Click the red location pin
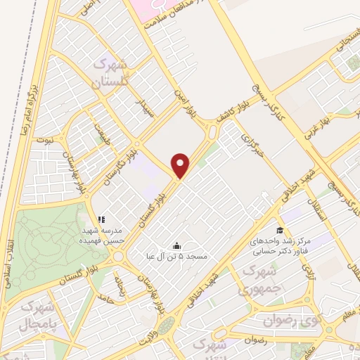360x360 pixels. (181, 166)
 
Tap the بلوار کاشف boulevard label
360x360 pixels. (230, 114)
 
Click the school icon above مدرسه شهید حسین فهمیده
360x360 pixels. (101, 219)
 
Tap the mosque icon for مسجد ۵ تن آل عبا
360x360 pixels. (176, 245)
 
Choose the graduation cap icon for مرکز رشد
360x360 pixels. (279, 230)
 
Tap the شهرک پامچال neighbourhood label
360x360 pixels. (37, 316)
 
